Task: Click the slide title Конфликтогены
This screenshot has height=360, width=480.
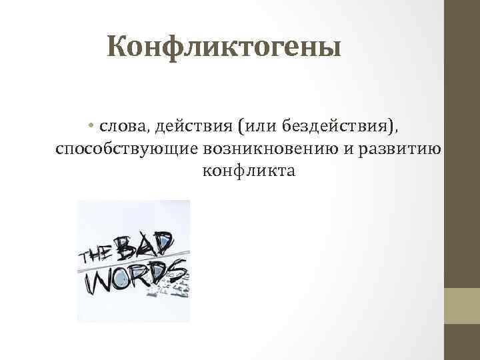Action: click(x=223, y=48)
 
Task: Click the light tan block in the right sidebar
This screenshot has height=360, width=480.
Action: click(x=462, y=305)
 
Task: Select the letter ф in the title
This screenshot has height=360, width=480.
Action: click(x=174, y=48)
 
